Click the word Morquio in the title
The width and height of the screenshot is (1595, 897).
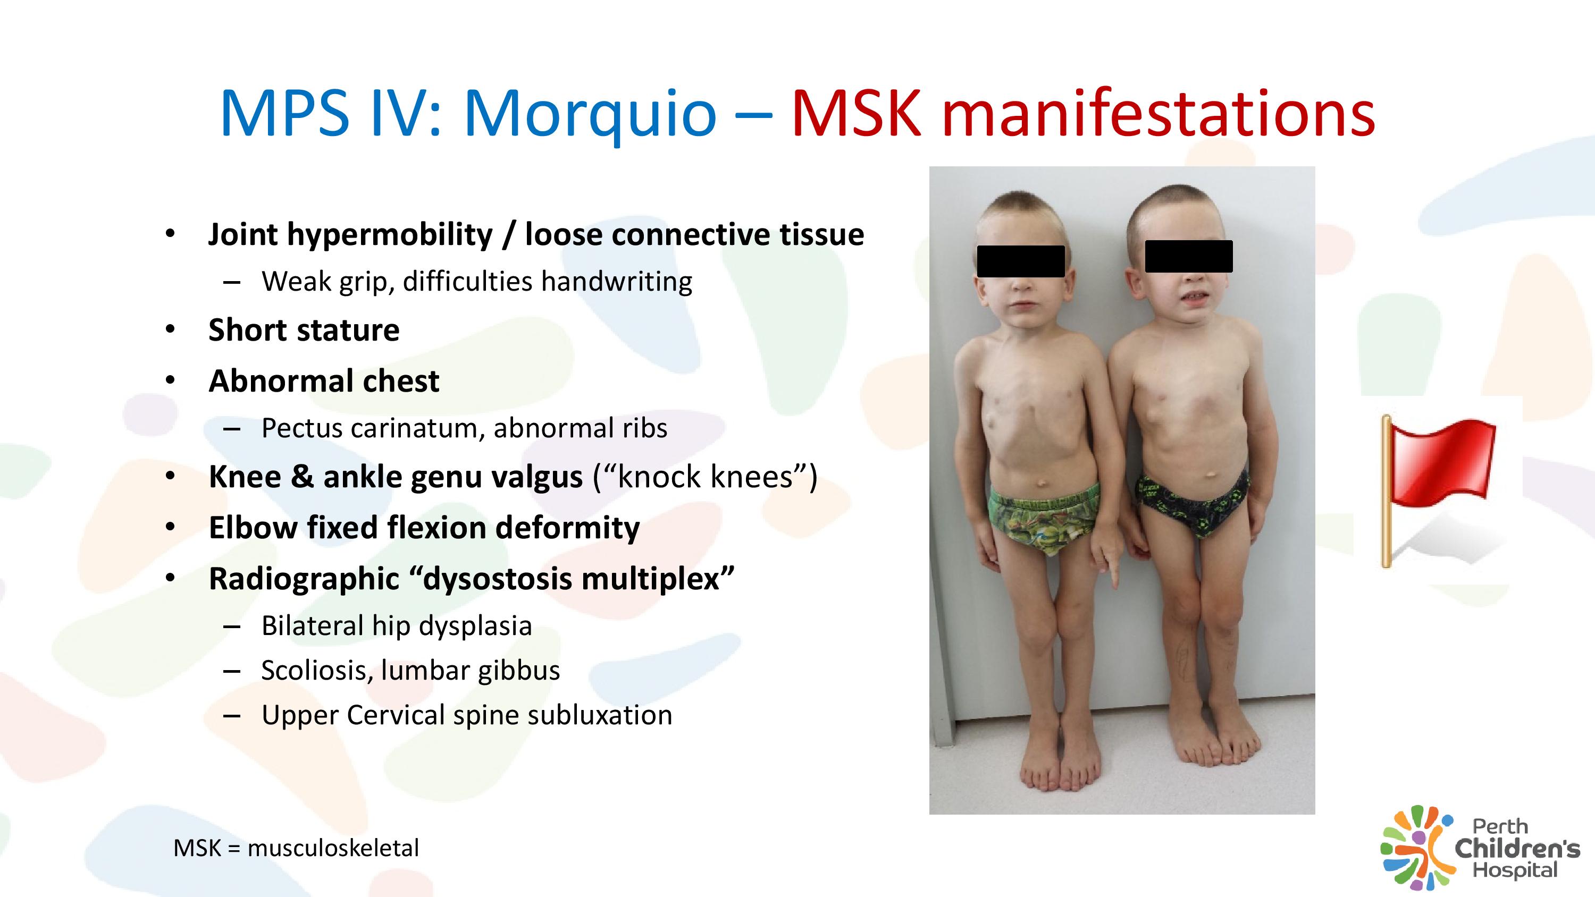click(590, 115)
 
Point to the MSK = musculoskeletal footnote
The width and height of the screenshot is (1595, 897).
click(296, 848)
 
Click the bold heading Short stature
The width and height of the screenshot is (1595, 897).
click(304, 330)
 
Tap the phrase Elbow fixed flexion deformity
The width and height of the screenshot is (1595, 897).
click(424, 528)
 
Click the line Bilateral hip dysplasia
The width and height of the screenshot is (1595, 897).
click(397, 626)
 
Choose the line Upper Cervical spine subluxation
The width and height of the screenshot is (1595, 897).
click(467, 716)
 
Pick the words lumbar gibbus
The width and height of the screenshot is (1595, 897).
click(471, 671)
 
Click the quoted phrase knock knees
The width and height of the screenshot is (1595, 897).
click(705, 477)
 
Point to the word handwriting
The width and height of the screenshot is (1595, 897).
click(617, 282)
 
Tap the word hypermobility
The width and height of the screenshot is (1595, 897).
click(390, 235)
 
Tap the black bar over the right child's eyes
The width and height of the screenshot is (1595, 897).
click(1189, 256)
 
